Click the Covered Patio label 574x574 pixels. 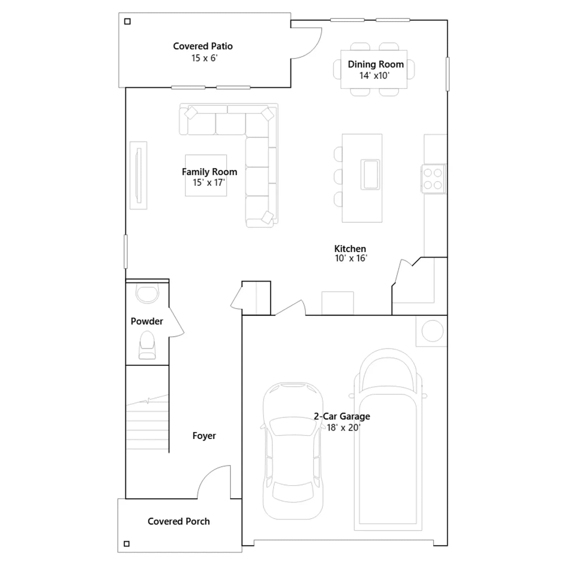203,46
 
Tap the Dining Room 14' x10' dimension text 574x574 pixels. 374,76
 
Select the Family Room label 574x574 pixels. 210,172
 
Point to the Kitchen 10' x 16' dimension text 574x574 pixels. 351,258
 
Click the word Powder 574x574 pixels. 147,321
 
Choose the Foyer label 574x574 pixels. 204,436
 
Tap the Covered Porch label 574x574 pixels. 179,521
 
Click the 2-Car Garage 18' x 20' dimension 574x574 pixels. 343,428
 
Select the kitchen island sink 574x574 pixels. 370,174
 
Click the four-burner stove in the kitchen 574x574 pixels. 433,179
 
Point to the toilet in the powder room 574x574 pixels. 147,345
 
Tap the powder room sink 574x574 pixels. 147,293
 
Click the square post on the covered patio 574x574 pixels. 127,22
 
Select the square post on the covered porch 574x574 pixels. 127,544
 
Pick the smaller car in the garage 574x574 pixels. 293,451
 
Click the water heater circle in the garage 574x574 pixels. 432,331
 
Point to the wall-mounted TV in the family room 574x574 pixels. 138,175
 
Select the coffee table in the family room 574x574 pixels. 206,175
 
